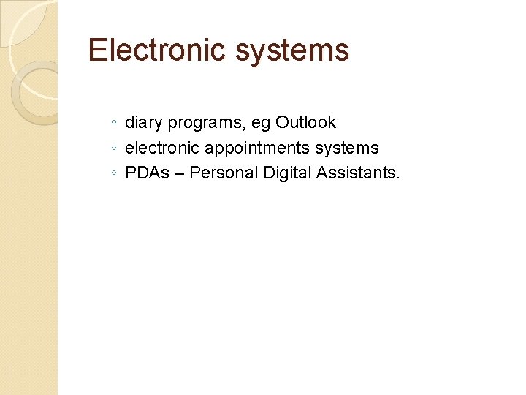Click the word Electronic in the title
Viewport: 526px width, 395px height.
[156, 50]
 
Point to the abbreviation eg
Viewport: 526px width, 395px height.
[262, 123]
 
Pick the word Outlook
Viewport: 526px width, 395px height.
[305, 122]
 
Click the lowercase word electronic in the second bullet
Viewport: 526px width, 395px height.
[162, 148]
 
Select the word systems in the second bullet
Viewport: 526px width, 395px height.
[347, 148]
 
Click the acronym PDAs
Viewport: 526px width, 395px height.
[145, 173]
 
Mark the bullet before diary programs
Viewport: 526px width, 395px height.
[115, 124]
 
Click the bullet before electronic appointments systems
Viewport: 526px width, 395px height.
[115, 148]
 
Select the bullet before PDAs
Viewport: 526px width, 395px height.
[115, 174]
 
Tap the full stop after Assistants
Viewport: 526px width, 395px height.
[399, 178]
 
